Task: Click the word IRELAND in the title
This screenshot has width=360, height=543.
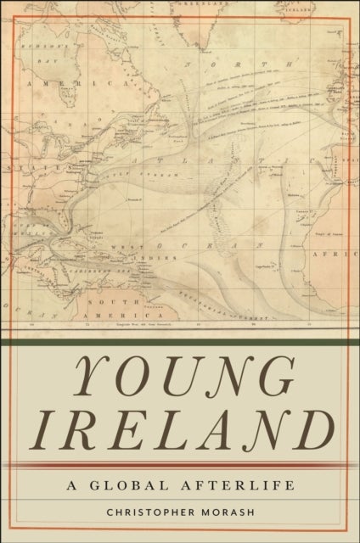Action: coord(181,427)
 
